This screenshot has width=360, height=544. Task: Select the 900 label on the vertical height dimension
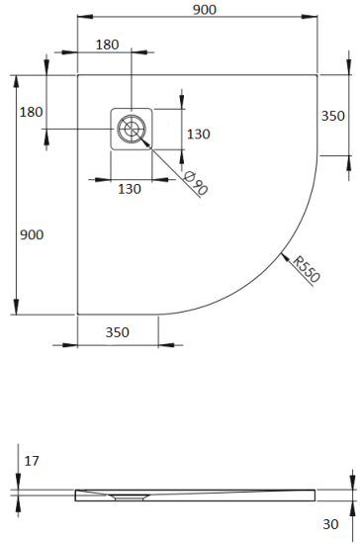click(32, 234)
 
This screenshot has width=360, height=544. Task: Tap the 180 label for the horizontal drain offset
click(108, 45)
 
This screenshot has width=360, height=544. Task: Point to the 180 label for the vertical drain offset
click(32, 112)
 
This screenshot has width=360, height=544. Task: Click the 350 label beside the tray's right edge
click(333, 115)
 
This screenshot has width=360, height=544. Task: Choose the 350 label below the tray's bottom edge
click(118, 332)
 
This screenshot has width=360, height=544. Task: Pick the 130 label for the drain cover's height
click(199, 134)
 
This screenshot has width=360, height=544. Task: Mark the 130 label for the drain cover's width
click(129, 188)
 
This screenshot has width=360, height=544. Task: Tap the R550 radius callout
click(306, 268)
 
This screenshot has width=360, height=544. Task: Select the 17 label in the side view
click(32, 461)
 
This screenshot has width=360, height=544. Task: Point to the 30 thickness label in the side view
click(330, 523)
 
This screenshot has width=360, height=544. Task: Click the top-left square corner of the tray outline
click(78, 74)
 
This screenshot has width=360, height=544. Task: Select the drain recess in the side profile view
click(127, 498)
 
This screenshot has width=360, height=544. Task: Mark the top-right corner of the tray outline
click(315, 74)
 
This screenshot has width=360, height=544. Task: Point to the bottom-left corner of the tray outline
click(78, 314)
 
